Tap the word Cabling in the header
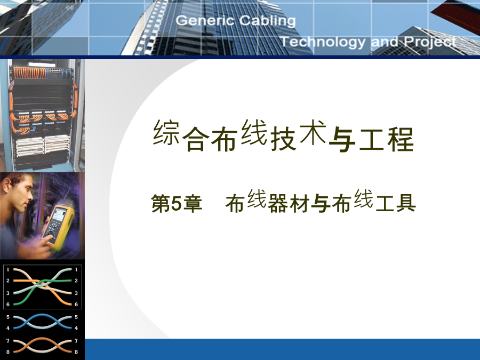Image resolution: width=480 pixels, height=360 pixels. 267,21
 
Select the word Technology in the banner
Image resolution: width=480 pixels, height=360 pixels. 323,42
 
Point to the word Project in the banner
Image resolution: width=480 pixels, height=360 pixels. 430,42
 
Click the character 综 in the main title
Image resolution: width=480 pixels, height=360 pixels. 166,132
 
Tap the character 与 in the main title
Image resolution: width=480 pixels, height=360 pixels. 342,140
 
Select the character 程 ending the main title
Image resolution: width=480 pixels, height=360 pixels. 401,140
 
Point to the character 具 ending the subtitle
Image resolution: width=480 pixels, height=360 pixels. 406,203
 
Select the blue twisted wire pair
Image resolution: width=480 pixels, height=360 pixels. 42,322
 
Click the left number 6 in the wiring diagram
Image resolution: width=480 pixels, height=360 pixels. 8,305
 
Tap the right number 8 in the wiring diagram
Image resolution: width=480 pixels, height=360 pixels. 76,352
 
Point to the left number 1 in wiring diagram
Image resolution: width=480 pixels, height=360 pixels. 8,269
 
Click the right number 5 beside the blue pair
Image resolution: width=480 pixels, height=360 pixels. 76,317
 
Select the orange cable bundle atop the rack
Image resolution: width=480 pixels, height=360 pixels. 30,73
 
